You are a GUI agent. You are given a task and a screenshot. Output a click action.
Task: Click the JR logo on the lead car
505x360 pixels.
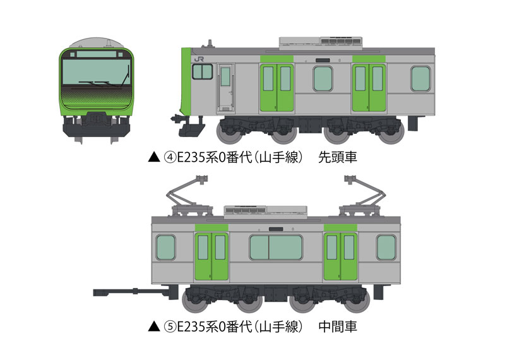[x=199, y=59]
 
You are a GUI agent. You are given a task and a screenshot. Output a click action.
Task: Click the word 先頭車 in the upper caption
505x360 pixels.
[x=338, y=157]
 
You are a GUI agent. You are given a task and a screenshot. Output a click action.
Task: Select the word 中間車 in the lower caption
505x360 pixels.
[x=338, y=327]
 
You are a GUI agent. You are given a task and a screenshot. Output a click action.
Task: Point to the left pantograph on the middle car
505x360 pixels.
[x=189, y=196]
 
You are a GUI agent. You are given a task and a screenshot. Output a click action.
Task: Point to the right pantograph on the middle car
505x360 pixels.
[x=364, y=196]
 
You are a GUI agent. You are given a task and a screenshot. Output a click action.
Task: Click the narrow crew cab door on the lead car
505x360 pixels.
[x=226, y=88]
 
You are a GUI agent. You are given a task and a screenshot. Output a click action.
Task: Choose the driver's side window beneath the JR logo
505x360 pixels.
[x=202, y=71]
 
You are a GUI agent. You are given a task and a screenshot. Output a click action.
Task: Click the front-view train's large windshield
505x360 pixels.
[x=97, y=72]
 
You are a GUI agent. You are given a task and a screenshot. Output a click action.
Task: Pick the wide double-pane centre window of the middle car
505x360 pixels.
[x=276, y=248]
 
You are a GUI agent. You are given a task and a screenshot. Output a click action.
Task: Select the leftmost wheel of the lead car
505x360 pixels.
[x=229, y=132]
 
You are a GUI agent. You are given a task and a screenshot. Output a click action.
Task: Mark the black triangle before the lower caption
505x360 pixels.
[x=154, y=327]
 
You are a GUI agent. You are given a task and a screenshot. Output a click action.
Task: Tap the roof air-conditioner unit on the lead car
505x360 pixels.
[x=321, y=43]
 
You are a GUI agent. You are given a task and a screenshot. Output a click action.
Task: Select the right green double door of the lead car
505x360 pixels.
[x=369, y=88]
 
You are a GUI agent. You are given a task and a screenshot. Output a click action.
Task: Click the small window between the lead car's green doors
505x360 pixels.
[x=323, y=79]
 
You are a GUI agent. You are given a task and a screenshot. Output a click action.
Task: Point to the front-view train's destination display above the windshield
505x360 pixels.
[x=97, y=54]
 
